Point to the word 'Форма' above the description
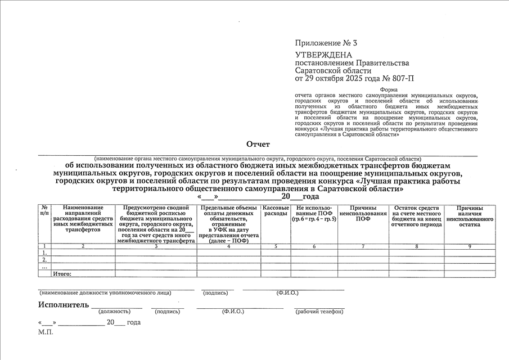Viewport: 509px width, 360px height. tap(389, 90)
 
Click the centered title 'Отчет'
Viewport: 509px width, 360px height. tap(258, 145)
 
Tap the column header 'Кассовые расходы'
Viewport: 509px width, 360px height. tap(276, 211)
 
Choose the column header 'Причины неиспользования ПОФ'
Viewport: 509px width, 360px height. tap(363, 213)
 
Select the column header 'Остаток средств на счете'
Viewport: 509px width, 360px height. tap(416, 216)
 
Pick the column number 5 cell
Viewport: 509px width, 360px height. tap(276, 246)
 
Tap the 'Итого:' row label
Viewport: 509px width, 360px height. tap(61, 273)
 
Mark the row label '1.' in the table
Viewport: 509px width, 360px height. tap(44, 253)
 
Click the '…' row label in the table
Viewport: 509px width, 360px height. tap(44, 267)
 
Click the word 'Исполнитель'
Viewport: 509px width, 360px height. tap(64, 305)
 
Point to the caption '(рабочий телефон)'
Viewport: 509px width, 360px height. tap(319, 312)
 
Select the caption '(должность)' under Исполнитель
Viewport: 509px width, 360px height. tap(114, 312)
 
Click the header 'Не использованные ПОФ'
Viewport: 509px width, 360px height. tap(314, 213)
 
